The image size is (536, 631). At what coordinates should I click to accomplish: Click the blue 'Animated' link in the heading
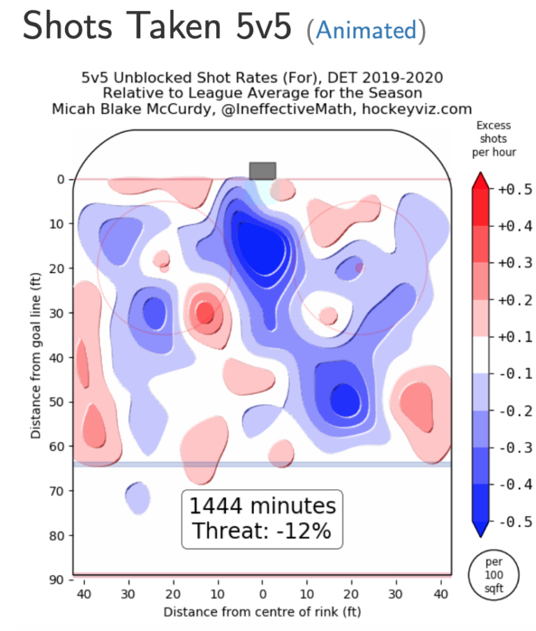coord(365,30)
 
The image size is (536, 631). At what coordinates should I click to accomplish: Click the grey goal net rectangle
coord(262,171)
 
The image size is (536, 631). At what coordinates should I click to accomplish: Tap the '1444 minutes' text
coord(262,506)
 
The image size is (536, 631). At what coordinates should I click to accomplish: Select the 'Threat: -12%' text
coord(262,530)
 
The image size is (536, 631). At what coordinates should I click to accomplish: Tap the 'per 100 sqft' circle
coord(493,572)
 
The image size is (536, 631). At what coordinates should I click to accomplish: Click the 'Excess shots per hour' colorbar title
coord(493,139)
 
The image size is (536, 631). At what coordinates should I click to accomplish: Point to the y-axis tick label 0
coord(61,179)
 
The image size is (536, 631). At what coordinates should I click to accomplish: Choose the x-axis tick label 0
coord(262,595)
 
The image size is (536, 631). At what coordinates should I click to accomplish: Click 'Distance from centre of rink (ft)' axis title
coord(262,612)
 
